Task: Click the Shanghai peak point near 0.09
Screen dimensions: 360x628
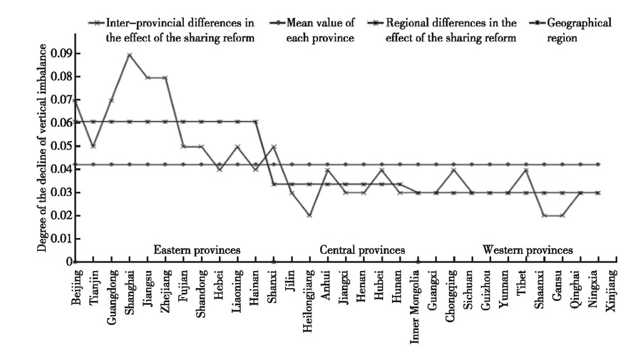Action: [129, 54]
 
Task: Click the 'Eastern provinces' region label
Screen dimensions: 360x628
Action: [197, 250]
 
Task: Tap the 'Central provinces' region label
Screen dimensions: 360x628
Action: [362, 250]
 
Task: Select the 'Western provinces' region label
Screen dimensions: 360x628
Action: [527, 250]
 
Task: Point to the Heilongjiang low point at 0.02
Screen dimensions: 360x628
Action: [309, 215]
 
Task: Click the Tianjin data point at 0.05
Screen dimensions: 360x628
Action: [93, 146]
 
